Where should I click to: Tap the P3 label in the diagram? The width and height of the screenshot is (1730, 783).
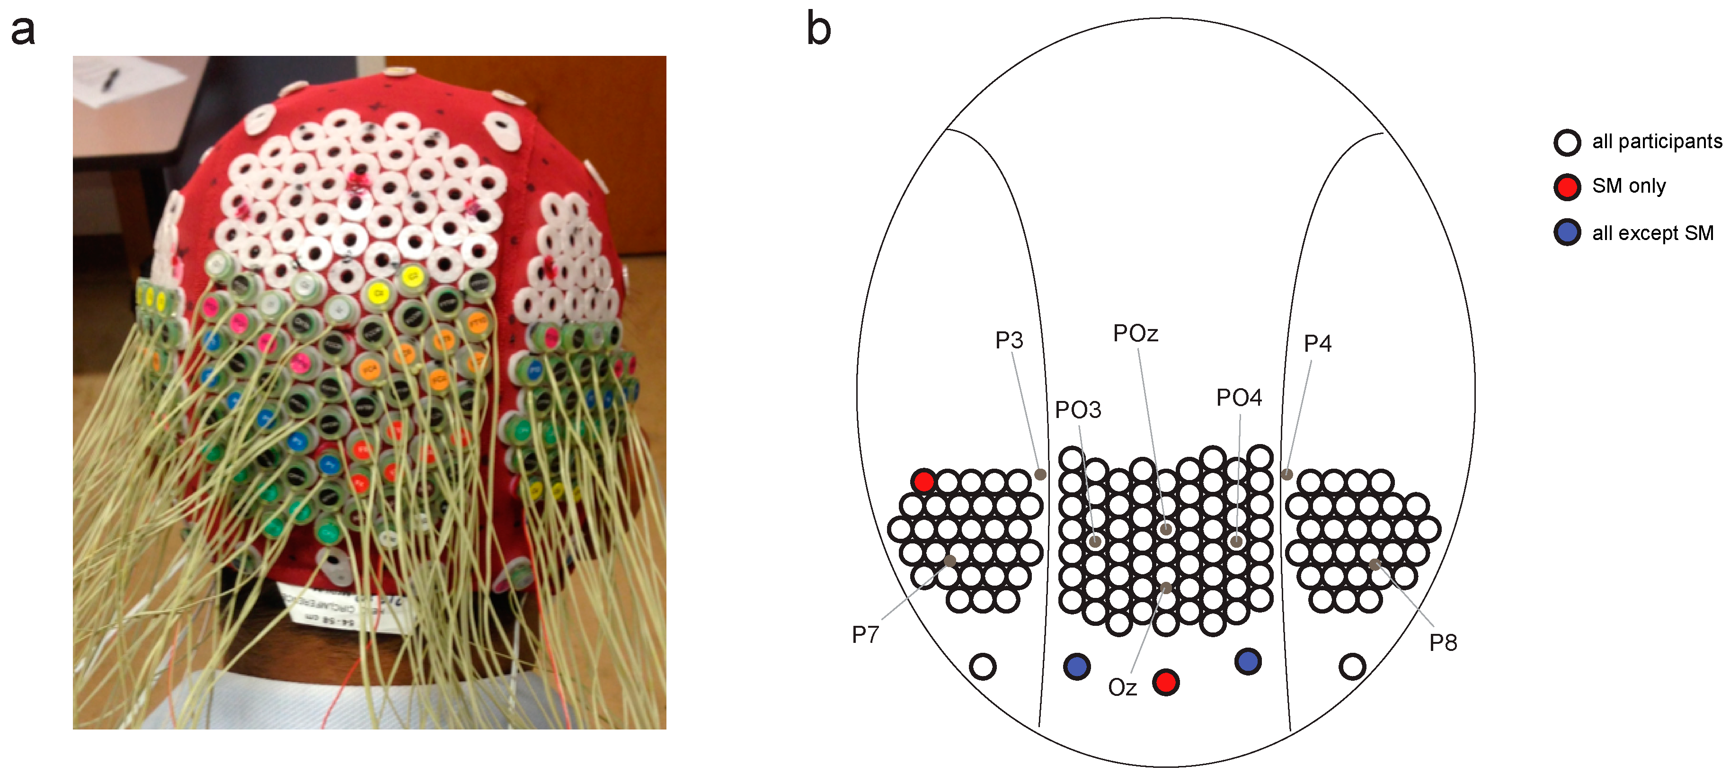click(1009, 340)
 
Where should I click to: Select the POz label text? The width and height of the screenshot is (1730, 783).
click(1135, 333)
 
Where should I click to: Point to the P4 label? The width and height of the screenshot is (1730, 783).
click(1317, 344)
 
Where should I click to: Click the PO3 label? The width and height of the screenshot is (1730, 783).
click(1078, 409)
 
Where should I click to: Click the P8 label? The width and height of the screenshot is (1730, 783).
click(1443, 643)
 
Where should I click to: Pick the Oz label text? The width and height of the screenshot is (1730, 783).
click(1122, 688)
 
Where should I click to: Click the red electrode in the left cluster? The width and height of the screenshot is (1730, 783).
click(923, 481)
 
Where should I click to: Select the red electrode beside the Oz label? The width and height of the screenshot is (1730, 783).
click(1165, 682)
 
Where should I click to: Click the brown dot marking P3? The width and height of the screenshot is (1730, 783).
click(1040, 475)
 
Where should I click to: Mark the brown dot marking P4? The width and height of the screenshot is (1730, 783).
click(1287, 474)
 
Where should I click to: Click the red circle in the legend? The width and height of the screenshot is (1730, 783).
click(1567, 187)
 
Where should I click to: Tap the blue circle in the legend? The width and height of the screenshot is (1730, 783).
click(1567, 233)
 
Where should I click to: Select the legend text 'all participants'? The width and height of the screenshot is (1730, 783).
click(1656, 142)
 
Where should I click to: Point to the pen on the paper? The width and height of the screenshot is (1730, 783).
click(111, 80)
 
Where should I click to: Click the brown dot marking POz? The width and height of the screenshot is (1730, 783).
click(1166, 529)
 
